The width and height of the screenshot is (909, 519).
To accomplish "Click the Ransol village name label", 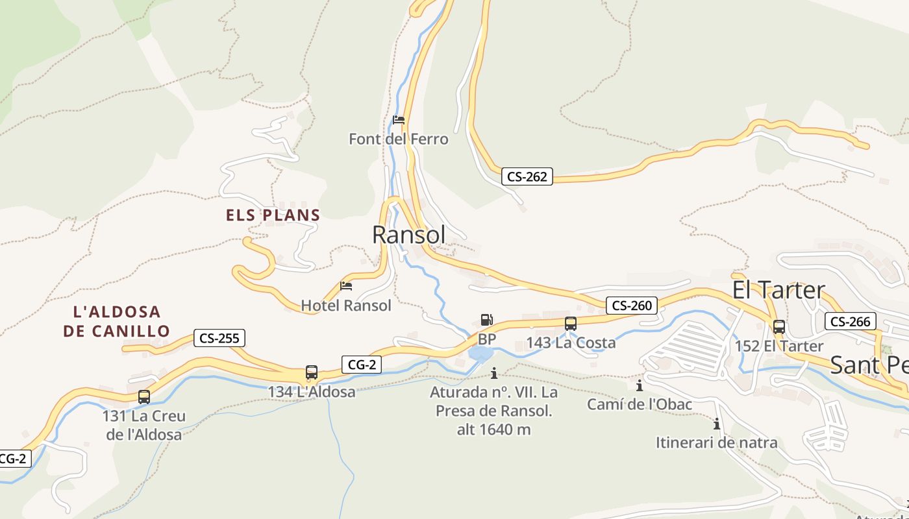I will [409, 235].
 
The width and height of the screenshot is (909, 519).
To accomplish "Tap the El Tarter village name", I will [778, 290].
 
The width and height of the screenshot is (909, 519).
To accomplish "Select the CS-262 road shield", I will [527, 176].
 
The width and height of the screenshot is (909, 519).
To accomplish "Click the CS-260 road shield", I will [632, 305].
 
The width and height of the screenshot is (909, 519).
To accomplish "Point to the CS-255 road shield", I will [219, 338].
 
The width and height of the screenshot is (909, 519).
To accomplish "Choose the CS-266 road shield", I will [851, 321].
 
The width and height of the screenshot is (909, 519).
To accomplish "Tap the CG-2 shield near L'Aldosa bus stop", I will [362, 365].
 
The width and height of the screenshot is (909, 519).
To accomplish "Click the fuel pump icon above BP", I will [486, 319].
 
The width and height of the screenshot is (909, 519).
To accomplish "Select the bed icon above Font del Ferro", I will [399, 120].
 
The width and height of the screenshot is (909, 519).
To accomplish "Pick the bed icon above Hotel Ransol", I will [346, 286].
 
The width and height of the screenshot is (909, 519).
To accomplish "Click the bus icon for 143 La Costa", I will [571, 323].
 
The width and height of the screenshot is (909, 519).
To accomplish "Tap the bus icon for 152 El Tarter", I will [779, 327].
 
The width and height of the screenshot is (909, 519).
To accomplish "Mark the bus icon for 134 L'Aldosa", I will [312, 372].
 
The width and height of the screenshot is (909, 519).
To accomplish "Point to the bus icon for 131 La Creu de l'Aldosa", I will [144, 396].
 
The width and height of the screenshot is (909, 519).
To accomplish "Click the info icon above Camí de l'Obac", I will [640, 385].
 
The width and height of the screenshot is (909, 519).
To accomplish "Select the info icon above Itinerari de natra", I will [717, 424].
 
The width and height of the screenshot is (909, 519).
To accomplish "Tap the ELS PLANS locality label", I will [273, 215].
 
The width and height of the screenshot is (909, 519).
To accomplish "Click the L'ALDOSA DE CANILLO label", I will [116, 321].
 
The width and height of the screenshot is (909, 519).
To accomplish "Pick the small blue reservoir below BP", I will [480, 354].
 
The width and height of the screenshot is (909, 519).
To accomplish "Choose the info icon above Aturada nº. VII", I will [494, 373].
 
